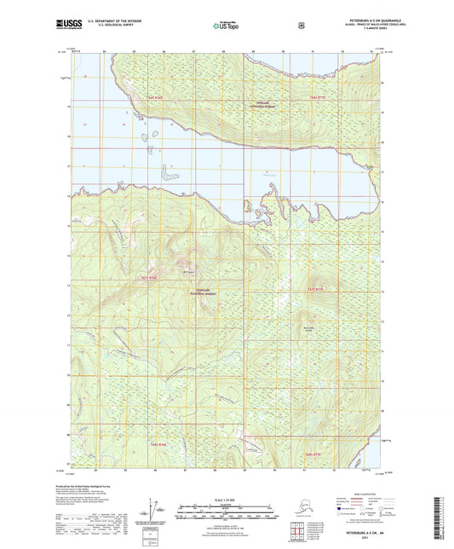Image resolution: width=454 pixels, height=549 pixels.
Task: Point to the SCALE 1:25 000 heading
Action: coord(226,500)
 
